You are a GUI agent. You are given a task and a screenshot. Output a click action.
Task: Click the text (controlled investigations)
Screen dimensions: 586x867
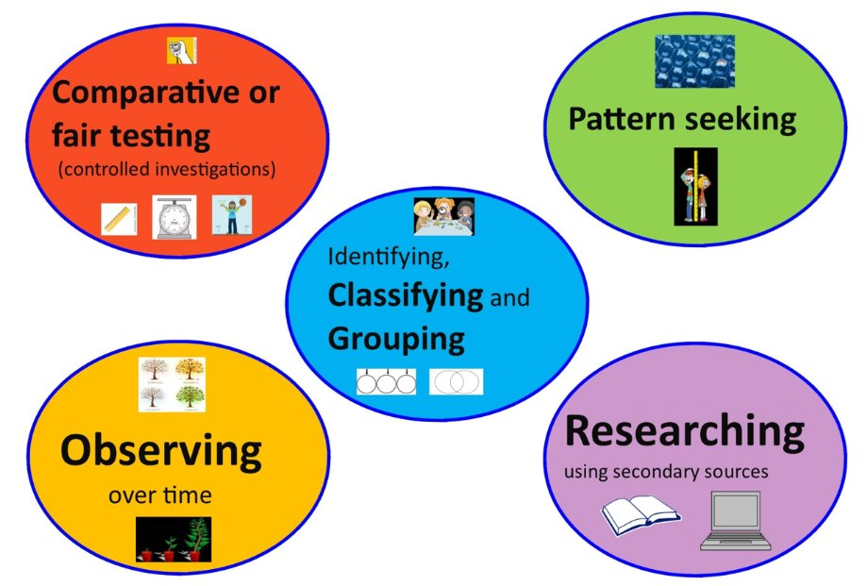[166, 170]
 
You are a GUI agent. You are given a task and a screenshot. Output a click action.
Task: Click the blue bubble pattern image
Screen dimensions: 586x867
[694, 61]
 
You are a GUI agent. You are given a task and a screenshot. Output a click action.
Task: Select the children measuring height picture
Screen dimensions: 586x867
[695, 186]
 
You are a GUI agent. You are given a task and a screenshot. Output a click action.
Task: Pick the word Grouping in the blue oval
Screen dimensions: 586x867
[396, 338]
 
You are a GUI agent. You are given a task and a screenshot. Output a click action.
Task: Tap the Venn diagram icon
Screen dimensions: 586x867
[456, 381]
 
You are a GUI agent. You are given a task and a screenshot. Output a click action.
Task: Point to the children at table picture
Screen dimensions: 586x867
[442, 216]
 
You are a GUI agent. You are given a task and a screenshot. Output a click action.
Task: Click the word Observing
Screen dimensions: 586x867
[160, 450]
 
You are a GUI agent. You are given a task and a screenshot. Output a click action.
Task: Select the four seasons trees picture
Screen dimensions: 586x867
[172, 385]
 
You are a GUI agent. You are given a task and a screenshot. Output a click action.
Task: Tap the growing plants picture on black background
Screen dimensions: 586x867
[174, 540]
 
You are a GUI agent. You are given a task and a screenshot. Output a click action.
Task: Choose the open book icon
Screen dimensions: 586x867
[640, 515]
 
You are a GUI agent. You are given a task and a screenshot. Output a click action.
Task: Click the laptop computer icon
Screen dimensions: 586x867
[736, 521]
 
